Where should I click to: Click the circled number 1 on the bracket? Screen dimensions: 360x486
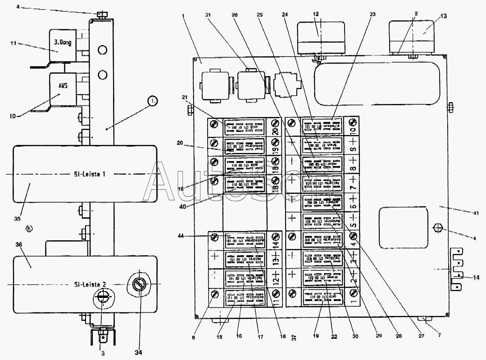(x=154, y=102)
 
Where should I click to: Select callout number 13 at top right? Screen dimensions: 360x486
(x=444, y=16)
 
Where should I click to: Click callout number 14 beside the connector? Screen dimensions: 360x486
(x=477, y=277)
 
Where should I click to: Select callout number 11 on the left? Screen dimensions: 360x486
(x=13, y=44)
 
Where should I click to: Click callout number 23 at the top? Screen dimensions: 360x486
(x=372, y=14)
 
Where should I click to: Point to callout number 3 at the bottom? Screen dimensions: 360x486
(x=103, y=353)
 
